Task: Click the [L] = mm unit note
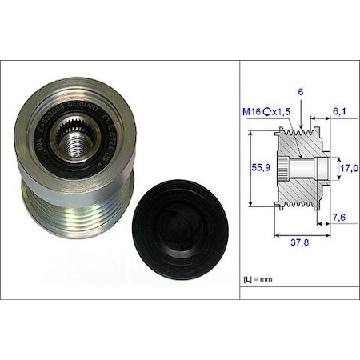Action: click(258, 278)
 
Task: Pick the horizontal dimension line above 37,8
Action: click(302, 235)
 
